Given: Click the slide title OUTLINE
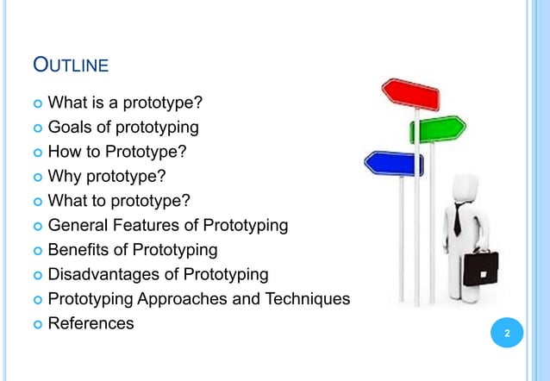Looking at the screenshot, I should [70, 65].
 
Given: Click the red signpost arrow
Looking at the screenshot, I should [411, 93].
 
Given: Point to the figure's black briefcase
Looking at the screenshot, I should [480, 269].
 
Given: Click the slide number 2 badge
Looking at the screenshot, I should [507, 334].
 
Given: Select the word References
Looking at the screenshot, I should [91, 323].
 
